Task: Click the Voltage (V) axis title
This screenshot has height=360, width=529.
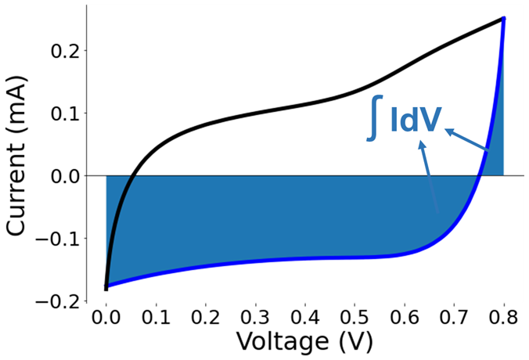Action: pos(304,343)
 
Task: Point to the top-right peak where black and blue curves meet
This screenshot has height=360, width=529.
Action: pos(503,18)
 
